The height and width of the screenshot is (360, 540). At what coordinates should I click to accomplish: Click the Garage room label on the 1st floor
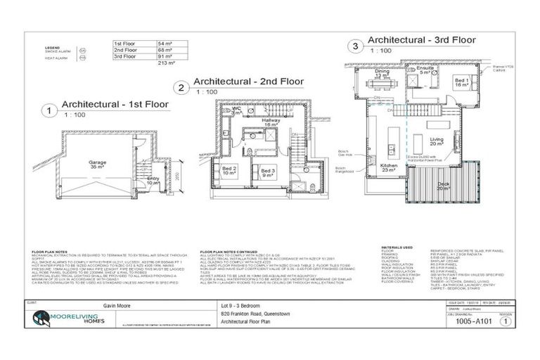tap(98, 164)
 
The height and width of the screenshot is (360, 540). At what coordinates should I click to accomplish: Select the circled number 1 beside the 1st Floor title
tap(49, 110)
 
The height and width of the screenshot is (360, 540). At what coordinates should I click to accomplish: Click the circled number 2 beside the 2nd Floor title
tap(181, 87)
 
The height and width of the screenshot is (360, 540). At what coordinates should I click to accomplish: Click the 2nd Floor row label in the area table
tap(126, 50)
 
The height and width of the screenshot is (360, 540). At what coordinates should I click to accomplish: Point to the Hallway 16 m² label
tap(271, 122)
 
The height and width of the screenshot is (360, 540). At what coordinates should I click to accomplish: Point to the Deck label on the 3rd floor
tap(443, 187)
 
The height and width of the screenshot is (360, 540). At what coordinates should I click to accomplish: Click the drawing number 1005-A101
tap(473, 321)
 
